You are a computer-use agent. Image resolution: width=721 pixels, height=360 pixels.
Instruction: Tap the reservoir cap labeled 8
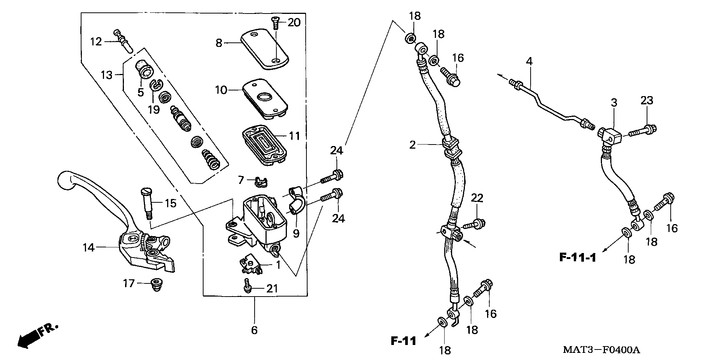click(x=264, y=50)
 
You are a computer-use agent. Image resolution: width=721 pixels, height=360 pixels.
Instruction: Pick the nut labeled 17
click(x=154, y=284)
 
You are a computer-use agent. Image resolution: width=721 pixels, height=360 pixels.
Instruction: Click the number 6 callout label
click(x=254, y=330)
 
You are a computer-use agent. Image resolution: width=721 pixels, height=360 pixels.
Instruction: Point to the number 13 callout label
click(x=107, y=75)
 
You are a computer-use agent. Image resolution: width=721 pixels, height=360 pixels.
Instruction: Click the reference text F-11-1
click(x=577, y=258)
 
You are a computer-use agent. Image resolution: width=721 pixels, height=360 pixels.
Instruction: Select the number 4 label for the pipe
click(x=529, y=61)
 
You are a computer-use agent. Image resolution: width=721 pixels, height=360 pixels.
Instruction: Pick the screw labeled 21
click(x=247, y=288)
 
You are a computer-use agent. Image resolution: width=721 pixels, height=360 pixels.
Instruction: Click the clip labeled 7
click(x=259, y=181)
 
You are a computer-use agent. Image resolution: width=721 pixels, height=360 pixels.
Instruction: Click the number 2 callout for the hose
click(x=413, y=145)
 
